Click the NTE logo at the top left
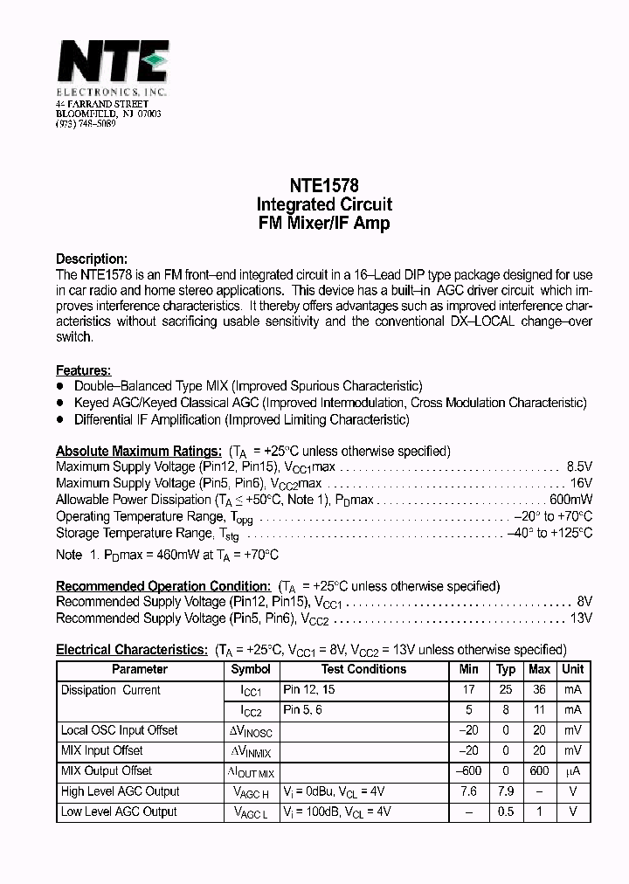tap(112, 63)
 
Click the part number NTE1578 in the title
tap(323, 185)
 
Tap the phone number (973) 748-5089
tap(86, 124)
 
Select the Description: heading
tap(92, 259)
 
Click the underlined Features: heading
tap(83, 370)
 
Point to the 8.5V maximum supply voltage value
tap(579, 467)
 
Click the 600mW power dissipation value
tap(570, 500)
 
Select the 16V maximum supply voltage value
tap(582, 483)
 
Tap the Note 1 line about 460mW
tap(167, 556)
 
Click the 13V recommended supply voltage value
tap(582, 618)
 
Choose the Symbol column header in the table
tap(251, 670)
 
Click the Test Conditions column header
tap(363, 670)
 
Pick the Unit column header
tap(573, 670)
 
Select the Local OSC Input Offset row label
tap(119, 730)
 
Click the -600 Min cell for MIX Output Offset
tap(469, 771)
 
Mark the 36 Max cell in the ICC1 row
tap(539, 690)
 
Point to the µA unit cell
tap(573, 771)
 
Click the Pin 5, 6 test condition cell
tap(303, 710)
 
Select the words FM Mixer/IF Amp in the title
tap(323, 224)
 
